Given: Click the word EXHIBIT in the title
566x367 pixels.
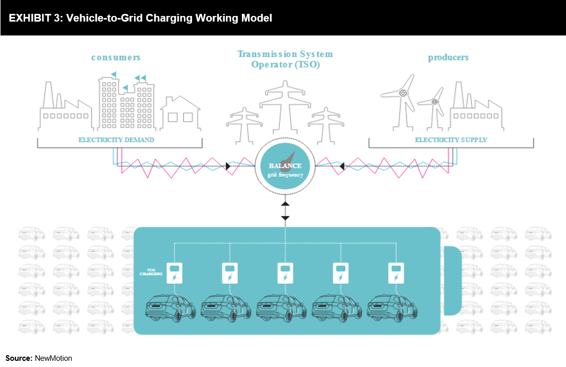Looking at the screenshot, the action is (x=30, y=18).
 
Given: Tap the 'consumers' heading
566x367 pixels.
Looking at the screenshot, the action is (x=116, y=58).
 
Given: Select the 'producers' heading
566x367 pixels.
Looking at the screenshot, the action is (x=448, y=58).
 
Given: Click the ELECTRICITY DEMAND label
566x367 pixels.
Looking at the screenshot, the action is (x=116, y=140).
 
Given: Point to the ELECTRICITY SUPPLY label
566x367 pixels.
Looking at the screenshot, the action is (x=451, y=140).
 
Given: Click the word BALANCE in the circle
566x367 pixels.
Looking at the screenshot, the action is (x=285, y=166).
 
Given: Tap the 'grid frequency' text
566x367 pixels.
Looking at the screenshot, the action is (x=285, y=175).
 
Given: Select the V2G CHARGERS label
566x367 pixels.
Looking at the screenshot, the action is (x=151, y=272).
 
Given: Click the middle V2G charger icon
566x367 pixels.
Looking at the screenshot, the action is (x=285, y=273).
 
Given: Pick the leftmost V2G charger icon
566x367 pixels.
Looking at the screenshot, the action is (x=174, y=273).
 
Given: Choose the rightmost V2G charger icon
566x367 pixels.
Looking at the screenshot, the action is (x=396, y=273).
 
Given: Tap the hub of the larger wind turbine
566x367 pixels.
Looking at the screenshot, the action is (x=403, y=93).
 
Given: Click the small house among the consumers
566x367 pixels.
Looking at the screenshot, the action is (x=180, y=113).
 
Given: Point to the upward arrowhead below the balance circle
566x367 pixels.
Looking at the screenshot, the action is (x=285, y=204).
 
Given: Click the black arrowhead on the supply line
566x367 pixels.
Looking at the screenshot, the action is (x=342, y=166).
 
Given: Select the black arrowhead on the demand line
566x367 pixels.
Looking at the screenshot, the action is (x=228, y=166).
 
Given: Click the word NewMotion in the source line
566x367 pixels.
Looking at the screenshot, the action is (x=53, y=358).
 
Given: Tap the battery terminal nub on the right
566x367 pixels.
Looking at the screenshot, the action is (x=453, y=281).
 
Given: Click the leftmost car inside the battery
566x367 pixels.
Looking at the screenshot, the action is (x=170, y=308).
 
